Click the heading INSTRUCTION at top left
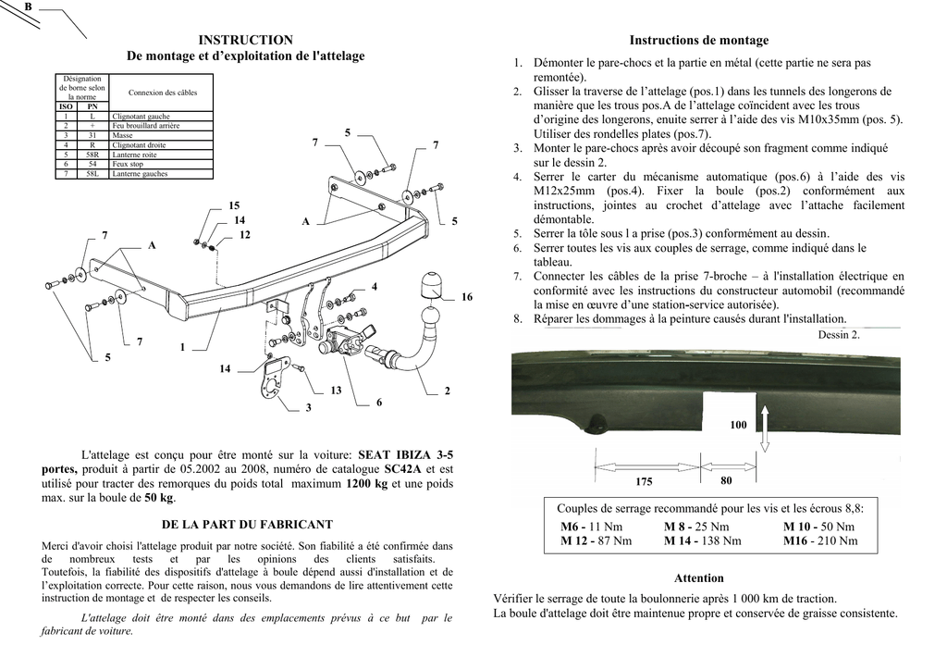point(245,40)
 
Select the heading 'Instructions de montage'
point(698,41)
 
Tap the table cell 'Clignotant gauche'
point(141,117)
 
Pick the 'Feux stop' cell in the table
point(129,164)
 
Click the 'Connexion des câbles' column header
point(162,93)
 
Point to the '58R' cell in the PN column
point(92,155)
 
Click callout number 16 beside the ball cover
point(466,297)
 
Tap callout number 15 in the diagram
point(234,205)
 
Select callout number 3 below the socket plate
point(308,407)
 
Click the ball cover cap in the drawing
point(433,285)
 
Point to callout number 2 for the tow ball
point(447,391)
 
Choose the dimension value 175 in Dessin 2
point(644,482)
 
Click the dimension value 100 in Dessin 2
point(738,425)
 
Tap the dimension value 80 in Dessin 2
point(726,480)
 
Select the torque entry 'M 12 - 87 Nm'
point(596,541)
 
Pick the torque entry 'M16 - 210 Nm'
point(820,541)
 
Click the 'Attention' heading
point(698,578)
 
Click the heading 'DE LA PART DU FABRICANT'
point(247,525)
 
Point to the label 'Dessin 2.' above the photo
point(839,335)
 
